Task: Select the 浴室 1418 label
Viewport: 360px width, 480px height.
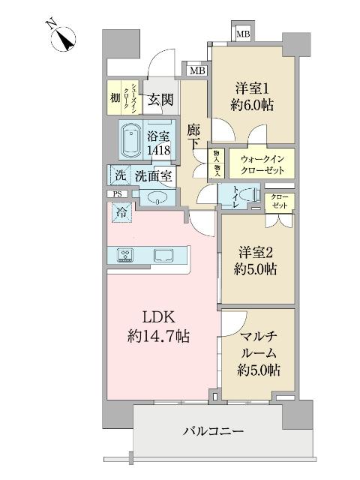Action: click(159, 143)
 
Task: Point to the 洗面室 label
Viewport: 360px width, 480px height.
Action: click(154, 176)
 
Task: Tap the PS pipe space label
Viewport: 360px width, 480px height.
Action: click(117, 194)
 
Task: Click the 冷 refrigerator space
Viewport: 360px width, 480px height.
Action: click(121, 212)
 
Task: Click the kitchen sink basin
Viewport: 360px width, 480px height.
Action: click(163, 255)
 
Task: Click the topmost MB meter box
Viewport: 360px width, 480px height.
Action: click(243, 34)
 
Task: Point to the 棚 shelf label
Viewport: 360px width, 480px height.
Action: click(114, 98)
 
